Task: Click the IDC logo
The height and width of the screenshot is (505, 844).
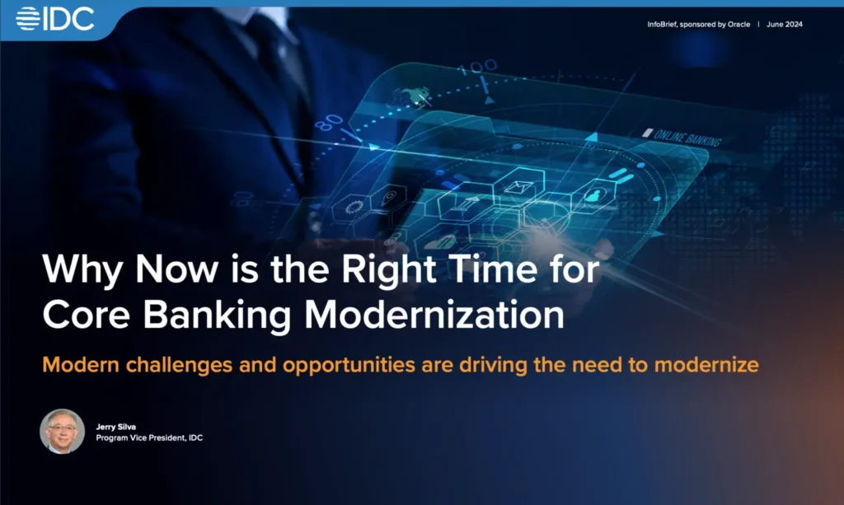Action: [x=55, y=18]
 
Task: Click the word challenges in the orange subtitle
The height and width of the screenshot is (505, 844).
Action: [x=191, y=364]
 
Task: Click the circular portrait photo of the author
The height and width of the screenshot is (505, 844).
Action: [x=62, y=431]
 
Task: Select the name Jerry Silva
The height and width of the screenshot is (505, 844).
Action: [x=115, y=426]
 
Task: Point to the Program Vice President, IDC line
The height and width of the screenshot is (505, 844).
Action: [x=149, y=437]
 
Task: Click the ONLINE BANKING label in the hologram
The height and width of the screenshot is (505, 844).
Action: [x=687, y=137]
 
